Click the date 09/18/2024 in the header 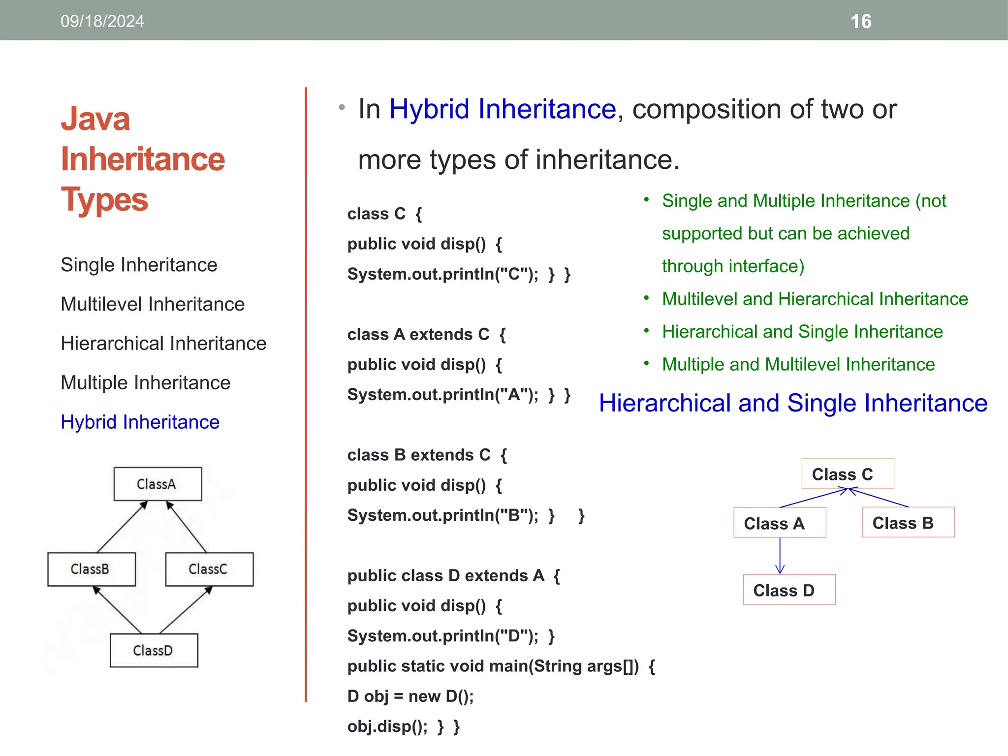pos(102,21)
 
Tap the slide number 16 pos(861,22)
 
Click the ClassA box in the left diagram pos(157,484)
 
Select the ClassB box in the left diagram pos(91,569)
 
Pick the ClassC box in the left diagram pos(209,569)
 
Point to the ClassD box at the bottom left pos(154,650)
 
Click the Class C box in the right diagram pos(847,474)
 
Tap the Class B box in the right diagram pos(908,523)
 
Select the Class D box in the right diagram pos(788,590)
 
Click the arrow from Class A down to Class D pos(780,556)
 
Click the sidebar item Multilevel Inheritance pos(153,304)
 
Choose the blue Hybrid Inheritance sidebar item pos(140,422)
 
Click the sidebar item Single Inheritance pos(139,265)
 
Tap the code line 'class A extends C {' pos(426,335)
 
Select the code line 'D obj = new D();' pos(410,696)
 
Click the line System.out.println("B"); pos(450,515)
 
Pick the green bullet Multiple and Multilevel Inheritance pos(798,364)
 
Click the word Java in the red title pos(95,119)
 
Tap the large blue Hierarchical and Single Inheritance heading pos(793,403)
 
